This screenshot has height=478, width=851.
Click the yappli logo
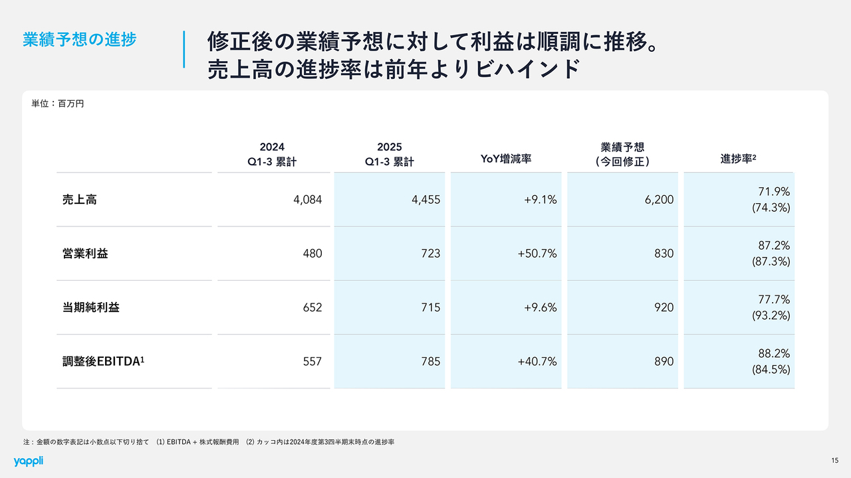point(28,461)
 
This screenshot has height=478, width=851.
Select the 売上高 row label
point(79,199)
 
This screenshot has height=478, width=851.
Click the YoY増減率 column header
point(506,159)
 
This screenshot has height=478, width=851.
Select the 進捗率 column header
point(739,159)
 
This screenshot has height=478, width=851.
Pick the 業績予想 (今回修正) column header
point(622,153)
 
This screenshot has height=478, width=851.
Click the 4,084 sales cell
point(307,199)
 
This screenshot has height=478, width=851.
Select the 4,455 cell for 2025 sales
point(425,199)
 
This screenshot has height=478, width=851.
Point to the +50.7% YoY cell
point(537,253)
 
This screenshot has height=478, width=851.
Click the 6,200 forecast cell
point(659,199)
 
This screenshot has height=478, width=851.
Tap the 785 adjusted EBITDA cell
point(430,361)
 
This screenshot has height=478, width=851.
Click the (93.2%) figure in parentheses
point(771,315)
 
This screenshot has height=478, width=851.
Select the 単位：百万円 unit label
point(58,104)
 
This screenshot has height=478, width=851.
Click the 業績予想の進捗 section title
point(79,39)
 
